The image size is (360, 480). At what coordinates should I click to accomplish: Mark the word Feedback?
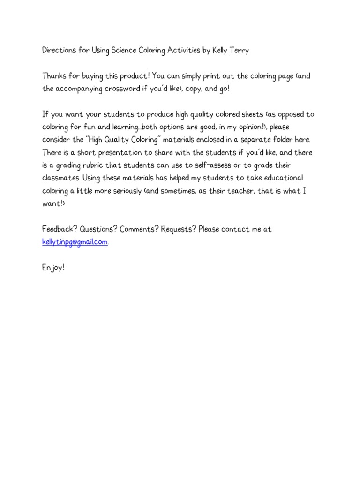pyautogui.click(x=60, y=229)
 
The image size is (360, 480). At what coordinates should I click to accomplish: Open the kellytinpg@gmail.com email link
pyautogui.click(x=75, y=242)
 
